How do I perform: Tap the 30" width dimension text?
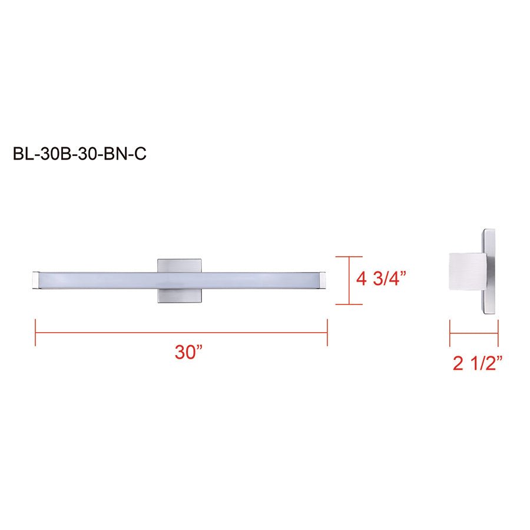pyautogui.click(x=188, y=352)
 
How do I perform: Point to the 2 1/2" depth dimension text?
pyautogui.click(x=476, y=363)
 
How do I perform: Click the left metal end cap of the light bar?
pyautogui.click(x=35, y=281)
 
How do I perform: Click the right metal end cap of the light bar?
pyautogui.click(x=323, y=281)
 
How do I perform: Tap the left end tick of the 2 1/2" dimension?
pyautogui.click(x=450, y=333)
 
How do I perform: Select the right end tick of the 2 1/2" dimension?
pyautogui.click(x=498, y=333)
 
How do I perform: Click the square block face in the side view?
pyautogui.click(x=466, y=274)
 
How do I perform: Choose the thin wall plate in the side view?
pyautogui.click(x=491, y=274)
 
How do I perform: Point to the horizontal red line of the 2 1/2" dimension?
pyautogui.click(x=474, y=333)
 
